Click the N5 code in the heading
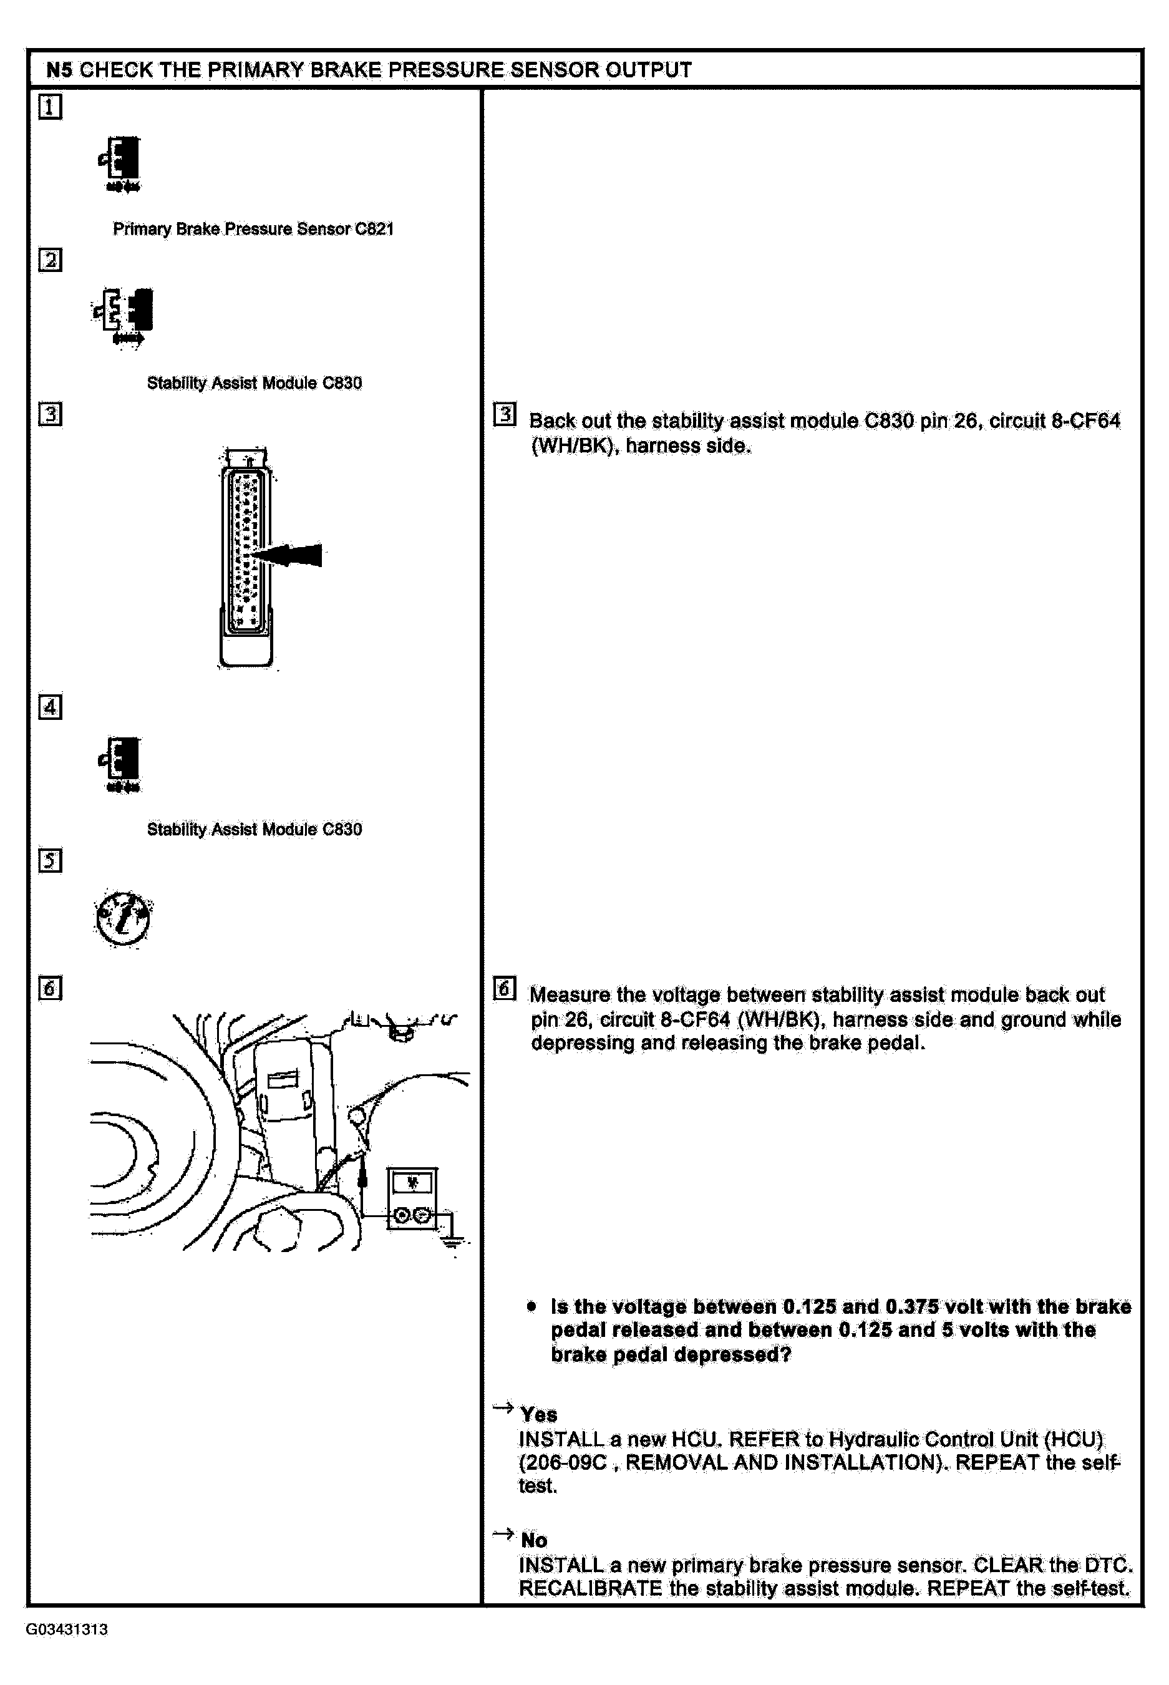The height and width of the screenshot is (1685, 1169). pos(59,70)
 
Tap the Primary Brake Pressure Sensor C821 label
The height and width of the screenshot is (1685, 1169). pos(253,229)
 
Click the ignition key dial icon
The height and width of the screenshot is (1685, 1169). pos(123,919)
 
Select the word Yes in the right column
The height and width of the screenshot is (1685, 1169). pos(538,1415)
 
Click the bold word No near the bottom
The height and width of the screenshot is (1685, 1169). pos(534,1541)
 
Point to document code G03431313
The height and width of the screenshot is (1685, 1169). pos(67,1629)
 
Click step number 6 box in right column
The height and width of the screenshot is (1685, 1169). pos(505,988)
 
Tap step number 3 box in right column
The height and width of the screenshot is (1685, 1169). pos(505,414)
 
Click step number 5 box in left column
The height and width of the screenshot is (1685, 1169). pos(50,860)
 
